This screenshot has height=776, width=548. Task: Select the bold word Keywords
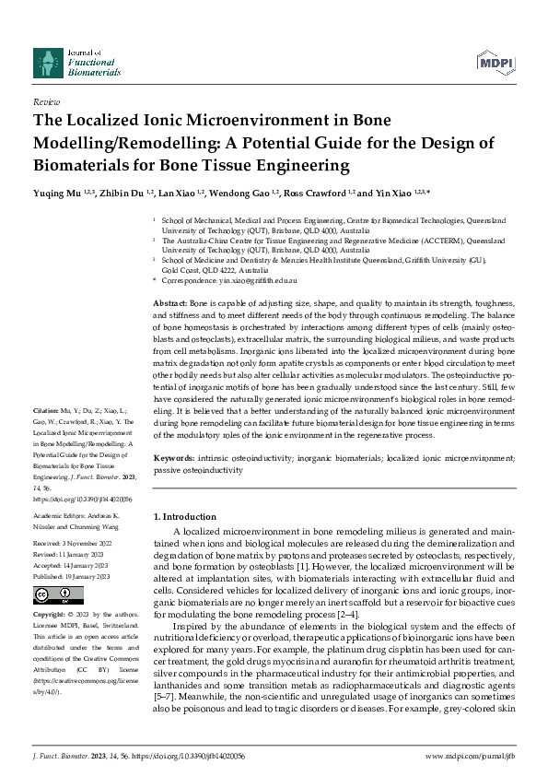(x=173, y=458)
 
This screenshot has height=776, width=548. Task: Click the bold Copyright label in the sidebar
(x=50, y=613)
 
